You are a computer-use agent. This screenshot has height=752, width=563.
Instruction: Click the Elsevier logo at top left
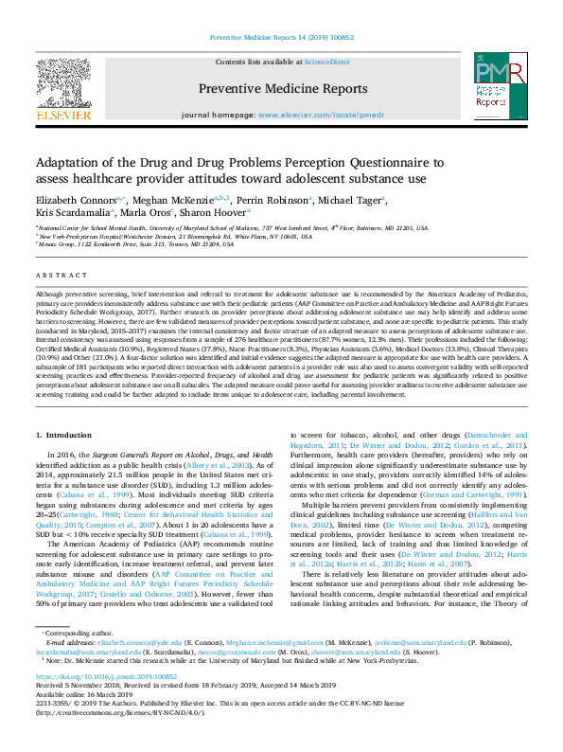click(63, 89)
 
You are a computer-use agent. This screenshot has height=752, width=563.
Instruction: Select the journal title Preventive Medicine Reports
click(283, 89)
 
